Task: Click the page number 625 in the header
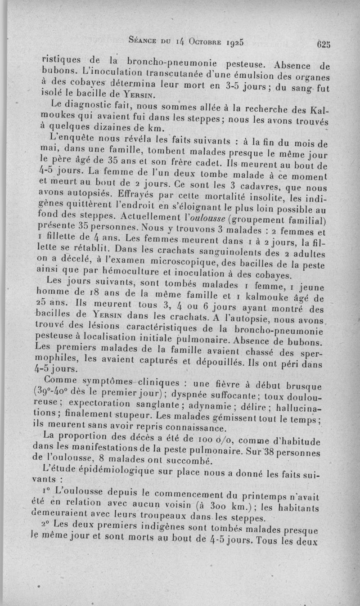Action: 323,44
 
